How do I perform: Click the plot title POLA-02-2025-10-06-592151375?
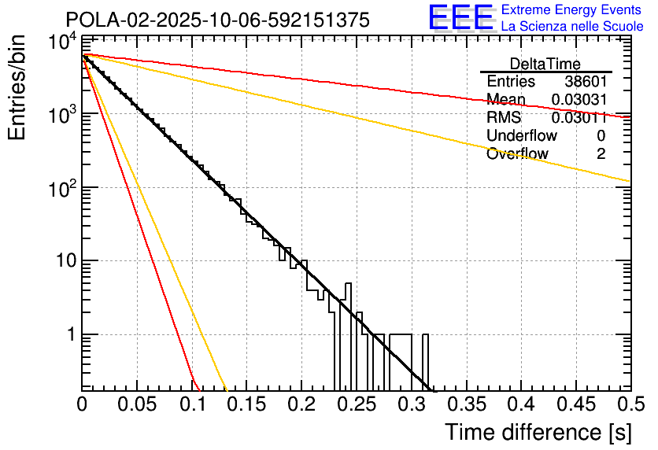coord(217,20)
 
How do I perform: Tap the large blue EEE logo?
coord(460,18)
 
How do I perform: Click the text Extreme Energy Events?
coord(572,10)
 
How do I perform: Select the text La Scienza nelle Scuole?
coord(572,27)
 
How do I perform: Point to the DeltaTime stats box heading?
coord(545,64)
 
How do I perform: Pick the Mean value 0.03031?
coord(579,100)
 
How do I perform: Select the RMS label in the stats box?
coord(504,118)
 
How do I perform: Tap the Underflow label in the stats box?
coord(522,136)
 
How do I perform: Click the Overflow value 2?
coord(601,154)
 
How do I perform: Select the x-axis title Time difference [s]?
coord(538,433)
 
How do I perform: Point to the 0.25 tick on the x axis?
coord(356,404)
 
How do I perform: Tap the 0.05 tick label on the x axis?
coord(137,404)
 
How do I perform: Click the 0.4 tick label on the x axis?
coord(519,404)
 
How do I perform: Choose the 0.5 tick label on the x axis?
coord(627,404)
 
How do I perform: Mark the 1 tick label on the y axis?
coord(69,334)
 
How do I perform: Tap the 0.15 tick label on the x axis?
coord(246,404)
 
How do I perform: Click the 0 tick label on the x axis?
coord(83,404)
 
